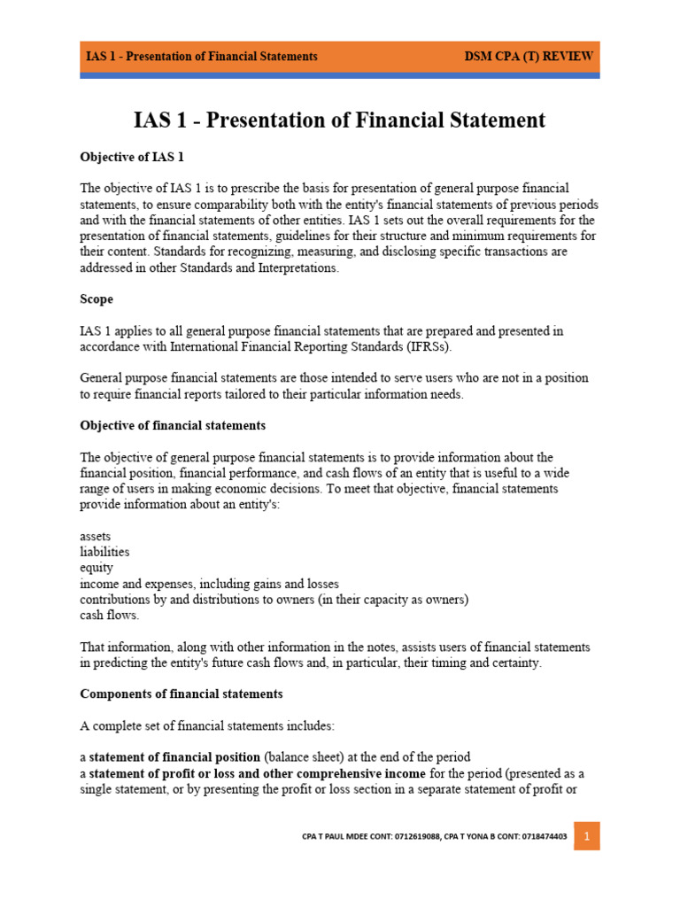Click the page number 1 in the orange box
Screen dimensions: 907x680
tap(586, 835)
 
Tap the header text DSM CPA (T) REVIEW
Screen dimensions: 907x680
tap(529, 56)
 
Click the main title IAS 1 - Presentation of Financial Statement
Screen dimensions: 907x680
tap(339, 120)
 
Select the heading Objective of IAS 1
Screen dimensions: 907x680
tap(132, 157)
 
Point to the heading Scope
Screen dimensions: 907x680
tap(97, 299)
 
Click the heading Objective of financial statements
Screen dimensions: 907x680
tap(173, 426)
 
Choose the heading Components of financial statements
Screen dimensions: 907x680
tap(182, 694)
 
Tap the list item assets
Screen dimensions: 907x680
tap(96, 537)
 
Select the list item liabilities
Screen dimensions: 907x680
tap(104, 552)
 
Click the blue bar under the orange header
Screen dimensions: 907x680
tap(339, 76)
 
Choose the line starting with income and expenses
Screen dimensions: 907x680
tap(209, 584)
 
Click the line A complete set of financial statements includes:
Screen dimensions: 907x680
tap(207, 725)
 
